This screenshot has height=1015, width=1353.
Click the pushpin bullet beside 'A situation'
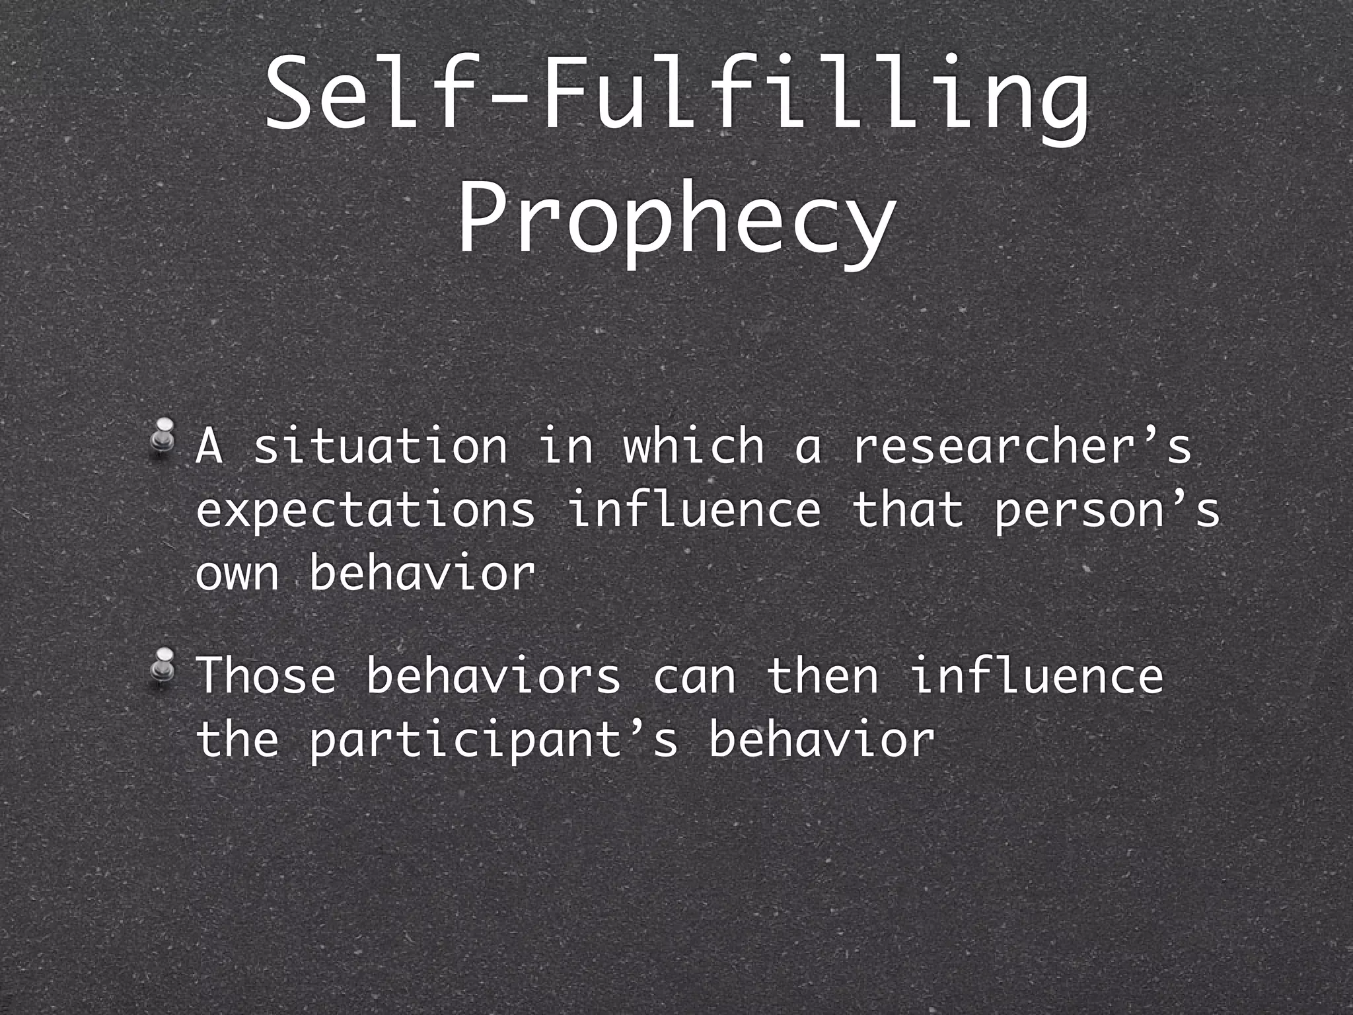(163, 437)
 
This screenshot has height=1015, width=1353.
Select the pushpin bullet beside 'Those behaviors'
(163, 667)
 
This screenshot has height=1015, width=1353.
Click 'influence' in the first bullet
(694, 510)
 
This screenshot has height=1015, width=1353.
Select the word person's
(1107, 510)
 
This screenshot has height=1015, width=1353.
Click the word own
(237, 574)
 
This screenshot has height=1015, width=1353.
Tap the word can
(694, 677)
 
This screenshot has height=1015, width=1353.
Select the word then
(823, 675)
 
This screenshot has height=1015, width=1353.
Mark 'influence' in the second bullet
(1037, 675)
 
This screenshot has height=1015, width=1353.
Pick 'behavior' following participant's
(822, 739)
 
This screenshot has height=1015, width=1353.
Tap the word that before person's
(908, 510)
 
